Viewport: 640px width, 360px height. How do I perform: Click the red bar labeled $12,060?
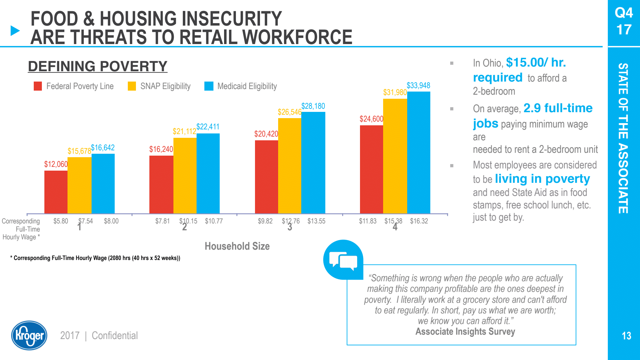pyautogui.click(x=56, y=192)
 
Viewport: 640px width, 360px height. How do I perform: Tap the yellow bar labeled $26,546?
pyautogui.click(x=290, y=166)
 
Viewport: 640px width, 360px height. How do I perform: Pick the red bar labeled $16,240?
pyautogui.click(x=161, y=184)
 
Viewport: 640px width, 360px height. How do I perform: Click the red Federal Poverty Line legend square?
pyautogui.click(x=38, y=86)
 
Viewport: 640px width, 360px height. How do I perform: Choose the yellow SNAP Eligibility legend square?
pyautogui.click(x=132, y=86)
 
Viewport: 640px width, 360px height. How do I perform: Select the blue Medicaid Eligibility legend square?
pyautogui.click(x=209, y=86)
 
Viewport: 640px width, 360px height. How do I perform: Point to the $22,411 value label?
pyautogui.click(x=208, y=127)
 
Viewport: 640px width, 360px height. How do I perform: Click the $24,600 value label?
pyautogui.click(x=371, y=119)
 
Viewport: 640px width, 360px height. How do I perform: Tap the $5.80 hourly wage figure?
pyautogui.click(x=61, y=221)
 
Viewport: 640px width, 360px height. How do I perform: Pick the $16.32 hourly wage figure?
pyautogui.click(x=419, y=221)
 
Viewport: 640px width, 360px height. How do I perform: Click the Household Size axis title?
pyautogui.click(x=237, y=246)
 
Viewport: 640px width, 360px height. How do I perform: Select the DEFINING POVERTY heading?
pyautogui.click(x=97, y=66)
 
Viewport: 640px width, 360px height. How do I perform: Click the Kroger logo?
pyautogui.click(x=29, y=335)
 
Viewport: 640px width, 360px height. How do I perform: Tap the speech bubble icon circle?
pyautogui.click(x=343, y=260)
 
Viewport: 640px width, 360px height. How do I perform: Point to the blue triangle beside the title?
pyautogui.click(x=15, y=31)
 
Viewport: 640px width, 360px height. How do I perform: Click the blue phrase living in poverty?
pyautogui.click(x=542, y=179)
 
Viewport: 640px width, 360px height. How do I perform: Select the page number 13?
pyautogui.click(x=626, y=336)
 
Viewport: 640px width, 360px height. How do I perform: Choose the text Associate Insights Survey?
pyautogui.click(x=465, y=332)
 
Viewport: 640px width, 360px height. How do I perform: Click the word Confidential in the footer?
pyautogui.click(x=115, y=336)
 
